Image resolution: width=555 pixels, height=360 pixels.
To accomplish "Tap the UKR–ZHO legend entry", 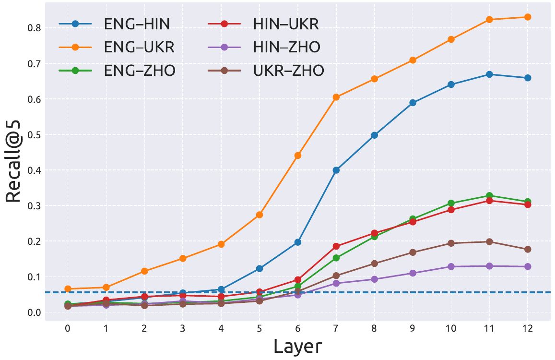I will coord(288,71).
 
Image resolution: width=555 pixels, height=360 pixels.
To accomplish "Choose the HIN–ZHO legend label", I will coord(286,48).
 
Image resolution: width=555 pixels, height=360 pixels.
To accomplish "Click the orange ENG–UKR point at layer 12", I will coord(528,17).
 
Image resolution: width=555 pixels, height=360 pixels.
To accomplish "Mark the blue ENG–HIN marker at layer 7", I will coord(336,170).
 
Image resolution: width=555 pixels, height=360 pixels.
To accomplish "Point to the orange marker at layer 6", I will coord(298,155).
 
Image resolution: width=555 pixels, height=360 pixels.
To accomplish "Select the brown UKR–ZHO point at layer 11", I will coord(489,241).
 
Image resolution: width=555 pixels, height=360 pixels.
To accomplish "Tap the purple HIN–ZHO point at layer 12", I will coord(528,266).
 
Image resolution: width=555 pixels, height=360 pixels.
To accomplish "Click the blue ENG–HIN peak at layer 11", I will coord(489,74).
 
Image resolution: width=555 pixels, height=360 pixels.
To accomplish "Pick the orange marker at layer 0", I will coord(68,289).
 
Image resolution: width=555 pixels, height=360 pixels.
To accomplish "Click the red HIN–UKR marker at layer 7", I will coord(336,246).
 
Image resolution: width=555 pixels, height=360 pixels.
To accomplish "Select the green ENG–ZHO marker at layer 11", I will coord(489,196).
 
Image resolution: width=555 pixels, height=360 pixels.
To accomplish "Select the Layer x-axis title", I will coord(297,346).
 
